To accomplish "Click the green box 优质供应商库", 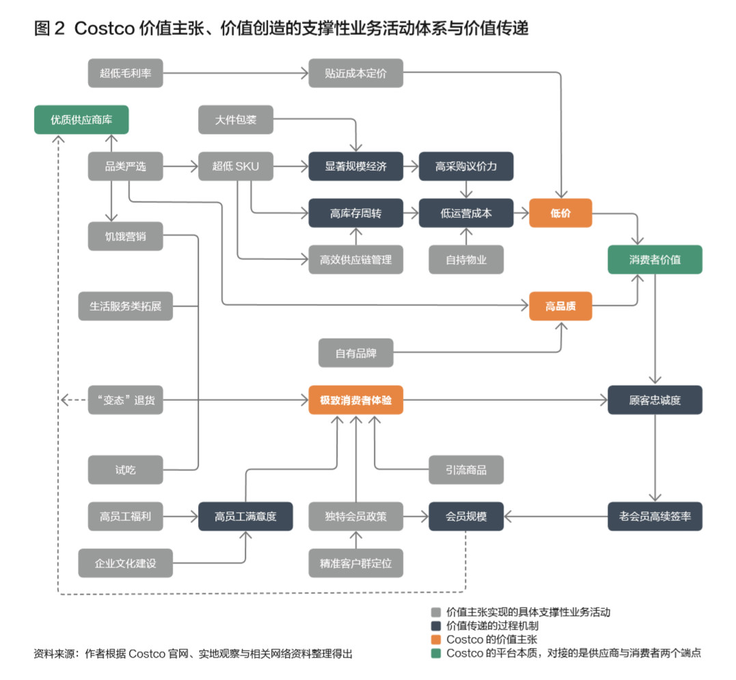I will [81, 119].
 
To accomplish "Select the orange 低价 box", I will [560, 213].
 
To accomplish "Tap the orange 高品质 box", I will [560, 307].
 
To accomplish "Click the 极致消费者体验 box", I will [355, 400].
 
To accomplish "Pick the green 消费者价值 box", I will [655, 259].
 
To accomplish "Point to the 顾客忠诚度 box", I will [655, 400].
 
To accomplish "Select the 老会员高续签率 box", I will [655, 516].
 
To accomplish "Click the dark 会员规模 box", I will [466, 516].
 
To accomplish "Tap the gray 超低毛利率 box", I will [126, 73].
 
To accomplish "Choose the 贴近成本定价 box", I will [355, 73].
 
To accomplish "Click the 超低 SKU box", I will [235, 166].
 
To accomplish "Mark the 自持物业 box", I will [466, 259].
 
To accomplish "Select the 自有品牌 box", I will [355, 354].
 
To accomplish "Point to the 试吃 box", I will [126, 470].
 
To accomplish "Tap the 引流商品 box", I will [466, 470].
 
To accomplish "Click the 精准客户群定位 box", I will [355, 564].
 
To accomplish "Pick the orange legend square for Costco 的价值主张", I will [435, 640].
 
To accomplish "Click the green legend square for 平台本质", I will [435, 653].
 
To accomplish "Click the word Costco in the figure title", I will [103, 29].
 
